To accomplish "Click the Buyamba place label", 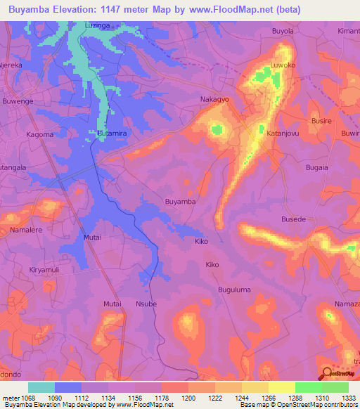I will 180,202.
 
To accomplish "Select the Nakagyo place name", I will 214,100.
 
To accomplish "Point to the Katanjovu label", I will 283,132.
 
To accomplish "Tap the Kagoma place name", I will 40,134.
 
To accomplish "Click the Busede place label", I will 293,219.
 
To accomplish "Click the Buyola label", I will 282,32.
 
